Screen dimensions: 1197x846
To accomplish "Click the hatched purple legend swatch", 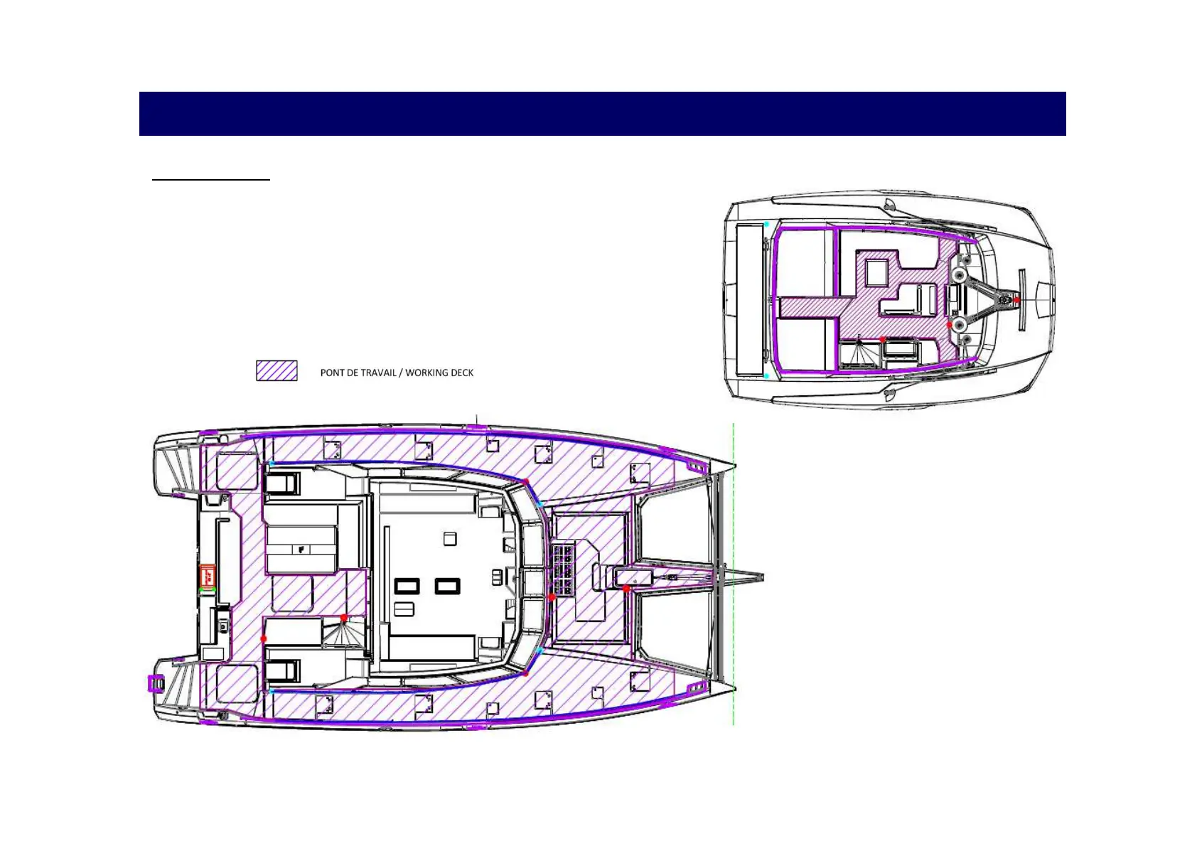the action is (x=277, y=370).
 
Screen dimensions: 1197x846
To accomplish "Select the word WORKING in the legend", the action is (x=423, y=373).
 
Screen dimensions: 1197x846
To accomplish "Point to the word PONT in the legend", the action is (x=332, y=373).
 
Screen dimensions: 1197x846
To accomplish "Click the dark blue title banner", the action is (x=602, y=113).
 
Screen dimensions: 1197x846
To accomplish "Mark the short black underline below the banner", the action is (x=211, y=180).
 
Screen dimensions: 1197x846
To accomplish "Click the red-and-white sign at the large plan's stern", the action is (x=208, y=577).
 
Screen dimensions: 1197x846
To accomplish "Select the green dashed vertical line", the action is (x=733, y=574).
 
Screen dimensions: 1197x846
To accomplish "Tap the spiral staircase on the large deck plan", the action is (x=342, y=634).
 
